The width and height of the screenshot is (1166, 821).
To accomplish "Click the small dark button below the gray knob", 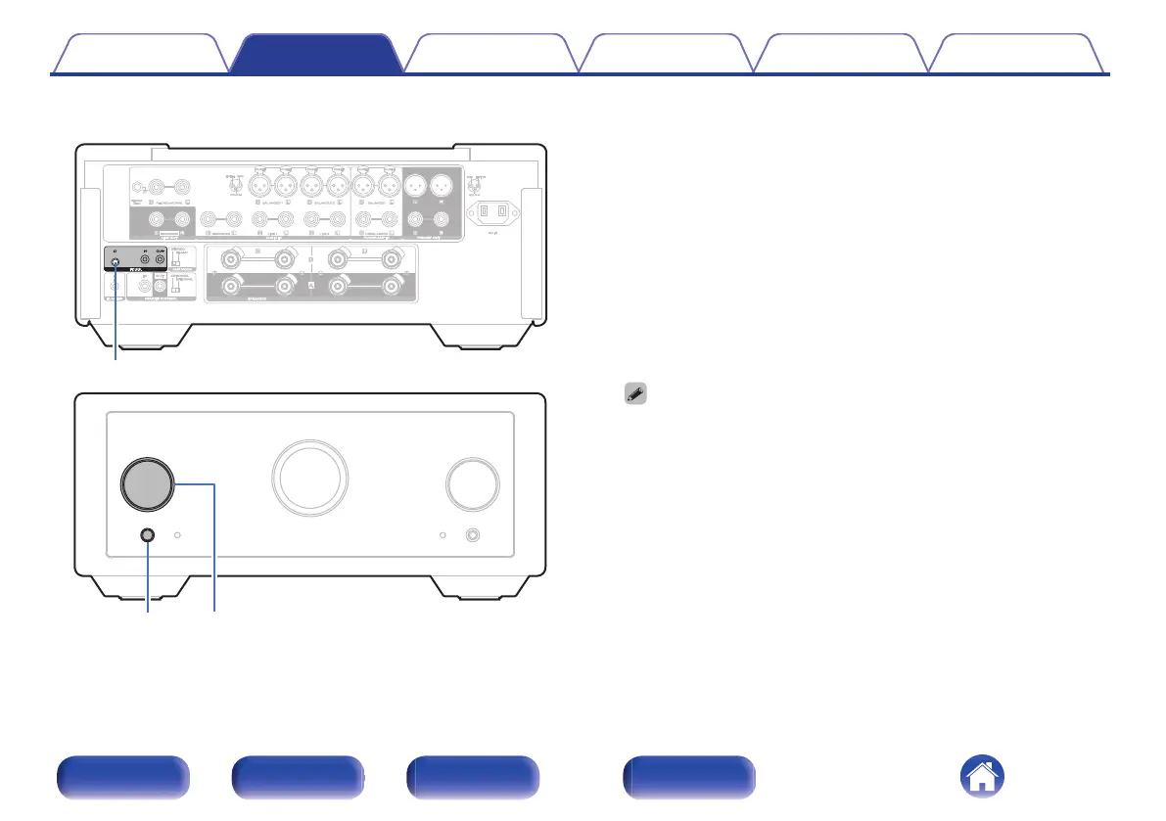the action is coord(148,535).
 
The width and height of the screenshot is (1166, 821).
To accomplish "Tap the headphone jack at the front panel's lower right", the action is coord(474,536).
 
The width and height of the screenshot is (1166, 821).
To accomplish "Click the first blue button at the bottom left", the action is coord(122,778).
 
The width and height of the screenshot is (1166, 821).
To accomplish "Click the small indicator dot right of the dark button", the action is coord(178,535).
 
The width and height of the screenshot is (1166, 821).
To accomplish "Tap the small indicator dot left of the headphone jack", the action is coord(443,536).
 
